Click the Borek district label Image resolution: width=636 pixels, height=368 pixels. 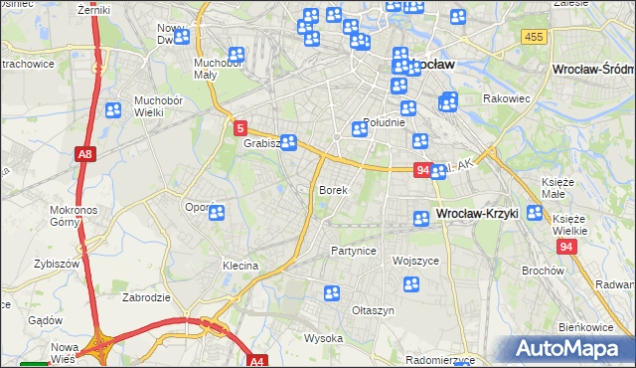tap(332, 189)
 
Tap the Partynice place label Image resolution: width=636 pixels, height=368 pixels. tap(354, 251)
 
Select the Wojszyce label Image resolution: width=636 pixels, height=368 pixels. tap(415, 261)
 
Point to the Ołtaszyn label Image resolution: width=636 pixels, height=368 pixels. tap(374, 310)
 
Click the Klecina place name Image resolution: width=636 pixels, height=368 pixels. tap(240, 267)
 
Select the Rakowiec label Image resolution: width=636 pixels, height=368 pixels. tap(506, 99)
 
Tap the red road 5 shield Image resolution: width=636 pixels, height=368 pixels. tap(240, 128)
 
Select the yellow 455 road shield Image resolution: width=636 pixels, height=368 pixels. tap(534, 37)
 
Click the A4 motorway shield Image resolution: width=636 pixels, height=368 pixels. tap(257, 362)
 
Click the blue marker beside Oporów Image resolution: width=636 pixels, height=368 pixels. tap(216, 212)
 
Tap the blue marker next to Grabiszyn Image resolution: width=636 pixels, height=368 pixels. tap(288, 142)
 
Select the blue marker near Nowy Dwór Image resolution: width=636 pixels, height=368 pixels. tap(181, 38)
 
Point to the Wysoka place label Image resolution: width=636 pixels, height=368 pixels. tap(323, 338)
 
